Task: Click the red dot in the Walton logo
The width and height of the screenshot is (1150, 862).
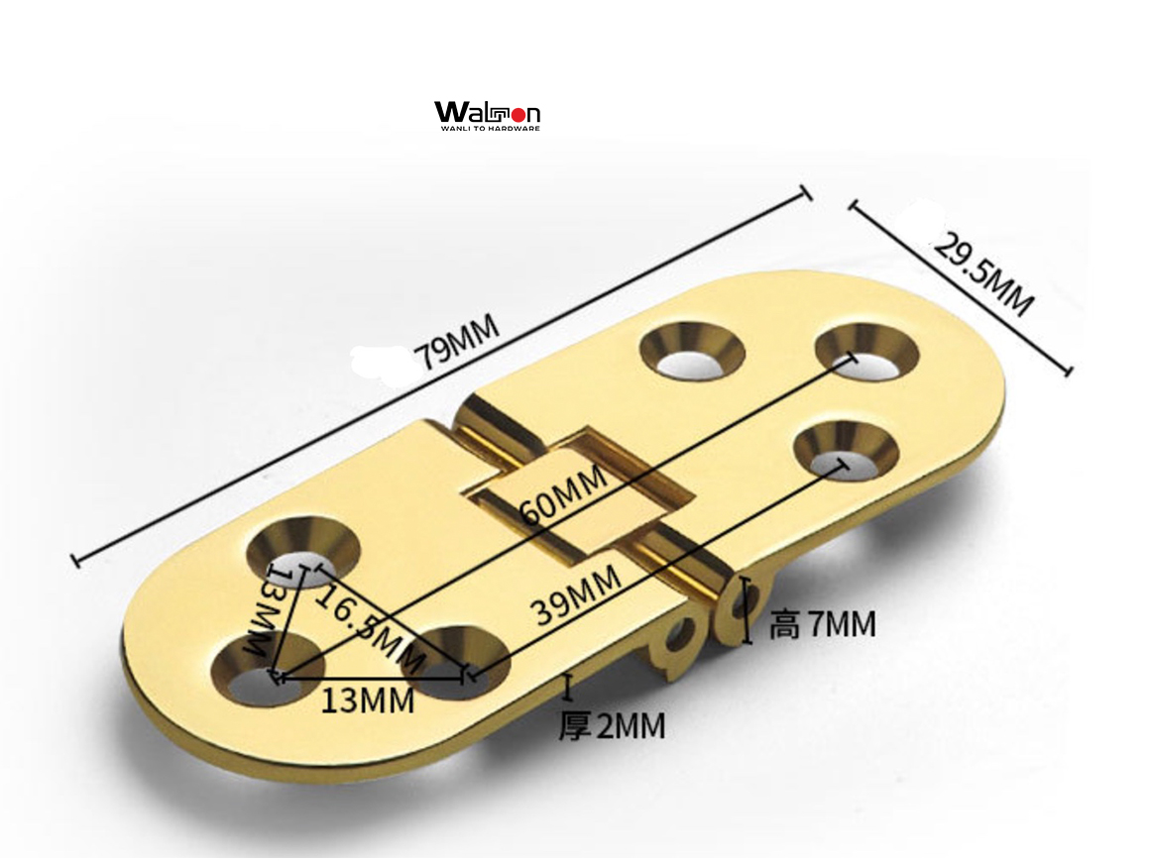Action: [517, 114]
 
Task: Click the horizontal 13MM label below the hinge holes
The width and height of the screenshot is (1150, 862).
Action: [367, 700]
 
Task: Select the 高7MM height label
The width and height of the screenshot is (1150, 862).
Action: [822, 624]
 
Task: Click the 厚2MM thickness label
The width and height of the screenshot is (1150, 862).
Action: [611, 726]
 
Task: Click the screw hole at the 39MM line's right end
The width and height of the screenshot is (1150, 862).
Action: [845, 450]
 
